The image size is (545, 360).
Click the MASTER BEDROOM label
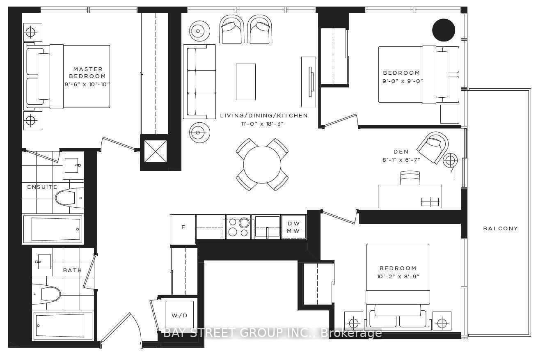click(x=87, y=73)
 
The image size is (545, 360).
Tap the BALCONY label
click(x=501, y=228)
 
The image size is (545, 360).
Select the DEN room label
click(x=401, y=151)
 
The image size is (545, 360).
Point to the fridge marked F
click(x=183, y=229)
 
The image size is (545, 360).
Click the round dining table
click(x=262, y=165)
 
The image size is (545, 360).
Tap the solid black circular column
click(x=444, y=30)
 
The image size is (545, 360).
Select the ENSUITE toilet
click(x=70, y=197)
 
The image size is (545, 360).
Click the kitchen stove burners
click(x=238, y=227)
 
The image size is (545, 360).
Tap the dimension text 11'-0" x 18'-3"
click(x=262, y=124)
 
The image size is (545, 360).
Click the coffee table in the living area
click(x=246, y=82)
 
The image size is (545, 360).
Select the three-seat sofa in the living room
click(x=199, y=82)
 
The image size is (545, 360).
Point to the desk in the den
click(x=410, y=196)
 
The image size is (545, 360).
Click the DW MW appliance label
click(x=293, y=227)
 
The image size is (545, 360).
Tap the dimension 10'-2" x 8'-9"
click(x=398, y=277)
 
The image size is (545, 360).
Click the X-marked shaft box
click(x=156, y=151)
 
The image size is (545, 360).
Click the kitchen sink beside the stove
click(x=267, y=227)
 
